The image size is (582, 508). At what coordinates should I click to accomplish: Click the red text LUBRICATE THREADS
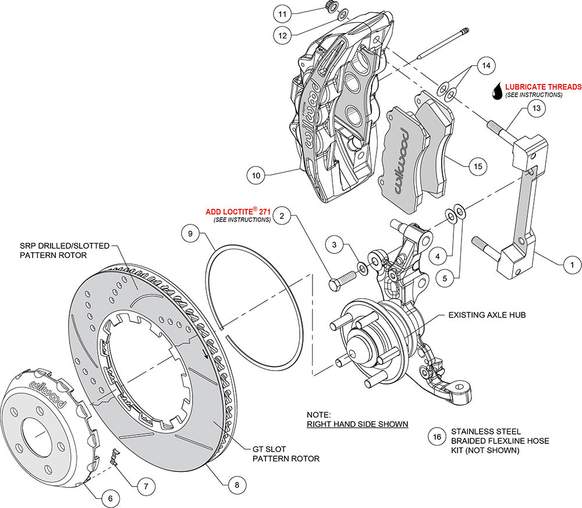pos(543,87)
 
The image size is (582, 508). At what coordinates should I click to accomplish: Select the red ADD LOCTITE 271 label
pos(239,211)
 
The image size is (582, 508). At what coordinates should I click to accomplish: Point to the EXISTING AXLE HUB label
pos(487,315)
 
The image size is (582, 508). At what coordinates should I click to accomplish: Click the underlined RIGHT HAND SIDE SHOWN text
pos(357,424)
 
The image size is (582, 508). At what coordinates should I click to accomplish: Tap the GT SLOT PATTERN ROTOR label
pos(285,453)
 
